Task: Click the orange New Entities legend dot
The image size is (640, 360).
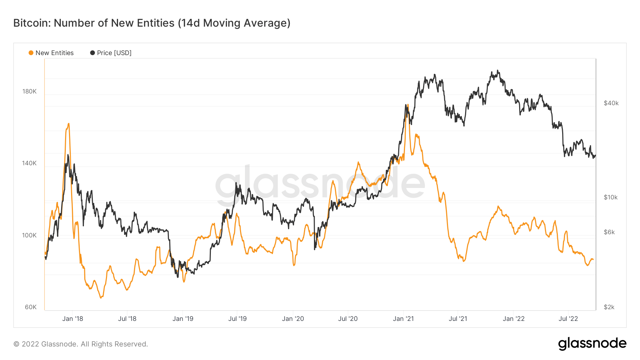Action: (x=31, y=53)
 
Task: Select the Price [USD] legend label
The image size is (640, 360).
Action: (x=114, y=53)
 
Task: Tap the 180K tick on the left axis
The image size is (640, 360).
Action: (x=30, y=91)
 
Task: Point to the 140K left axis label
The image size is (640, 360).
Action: (x=30, y=163)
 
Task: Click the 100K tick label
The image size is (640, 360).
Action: (x=30, y=235)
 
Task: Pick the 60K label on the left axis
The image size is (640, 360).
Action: (x=31, y=307)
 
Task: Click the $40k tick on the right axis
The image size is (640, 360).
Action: (x=611, y=103)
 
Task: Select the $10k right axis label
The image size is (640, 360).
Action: (x=610, y=197)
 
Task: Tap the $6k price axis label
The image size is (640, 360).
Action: (x=609, y=232)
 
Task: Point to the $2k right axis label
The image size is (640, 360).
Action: (x=609, y=307)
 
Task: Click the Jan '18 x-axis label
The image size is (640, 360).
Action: (x=73, y=319)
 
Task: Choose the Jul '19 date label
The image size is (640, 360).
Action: (x=237, y=319)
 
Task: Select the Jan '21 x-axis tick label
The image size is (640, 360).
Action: (x=403, y=319)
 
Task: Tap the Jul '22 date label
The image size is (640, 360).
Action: (x=568, y=319)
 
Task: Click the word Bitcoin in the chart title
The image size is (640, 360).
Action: (x=32, y=23)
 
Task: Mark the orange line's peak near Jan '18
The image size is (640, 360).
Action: (x=69, y=124)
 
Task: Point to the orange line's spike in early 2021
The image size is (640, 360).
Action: (x=408, y=105)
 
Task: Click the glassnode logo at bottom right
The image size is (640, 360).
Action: (x=592, y=344)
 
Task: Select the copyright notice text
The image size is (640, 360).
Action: (x=81, y=344)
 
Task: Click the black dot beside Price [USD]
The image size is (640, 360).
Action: (x=92, y=53)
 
